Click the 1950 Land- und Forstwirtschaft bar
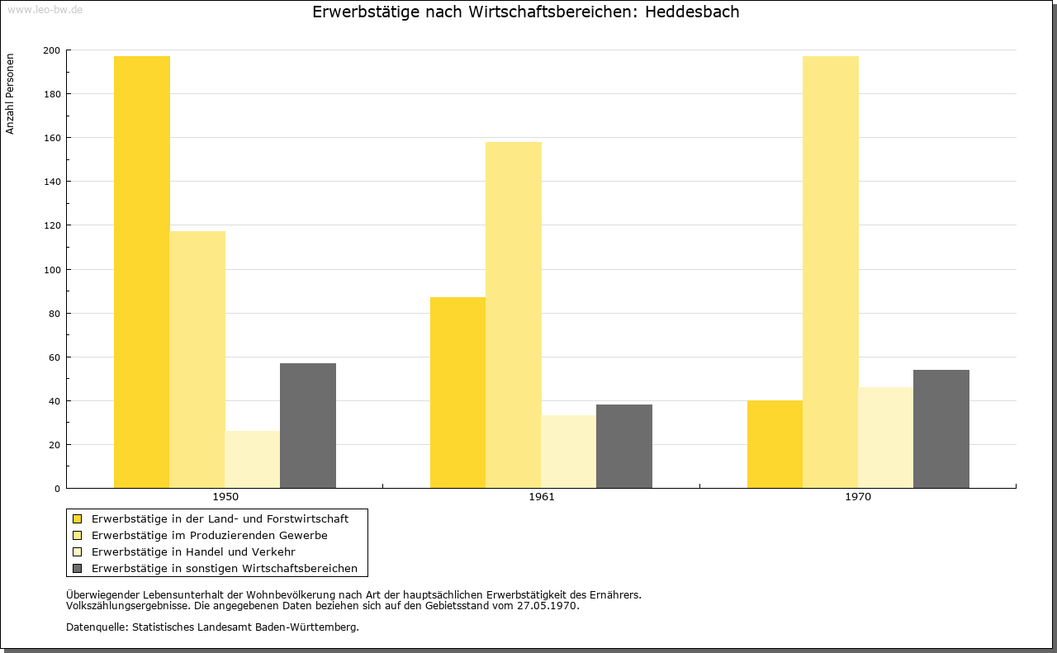click(x=141, y=272)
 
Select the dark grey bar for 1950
click(x=308, y=426)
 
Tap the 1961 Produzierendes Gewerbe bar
click(x=514, y=315)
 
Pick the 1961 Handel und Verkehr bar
click(x=569, y=452)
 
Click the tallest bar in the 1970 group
click(x=831, y=272)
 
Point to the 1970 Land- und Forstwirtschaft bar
click(x=775, y=444)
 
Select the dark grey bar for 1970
click(x=941, y=429)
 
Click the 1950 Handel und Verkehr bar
click(x=253, y=460)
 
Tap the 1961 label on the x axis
click(x=542, y=497)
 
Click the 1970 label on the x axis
click(x=858, y=497)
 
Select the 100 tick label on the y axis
click(x=51, y=270)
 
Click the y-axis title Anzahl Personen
click(x=10, y=94)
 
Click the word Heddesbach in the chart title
click(x=692, y=12)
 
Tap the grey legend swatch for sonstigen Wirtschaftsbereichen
click(x=78, y=569)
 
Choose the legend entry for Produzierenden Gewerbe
click(x=210, y=536)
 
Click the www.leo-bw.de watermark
click(x=45, y=10)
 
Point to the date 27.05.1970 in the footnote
click(x=547, y=606)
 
